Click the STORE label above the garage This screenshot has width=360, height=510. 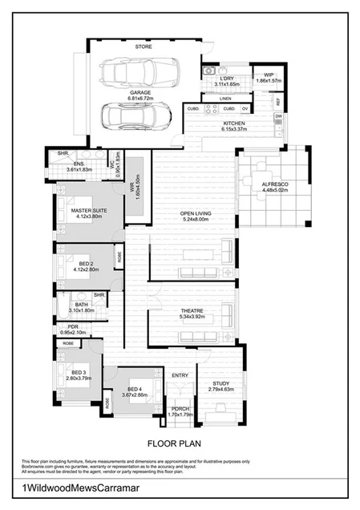(144, 47)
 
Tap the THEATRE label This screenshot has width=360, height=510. (192, 310)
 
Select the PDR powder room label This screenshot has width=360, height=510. (73, 327)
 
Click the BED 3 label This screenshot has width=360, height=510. (78, 372)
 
